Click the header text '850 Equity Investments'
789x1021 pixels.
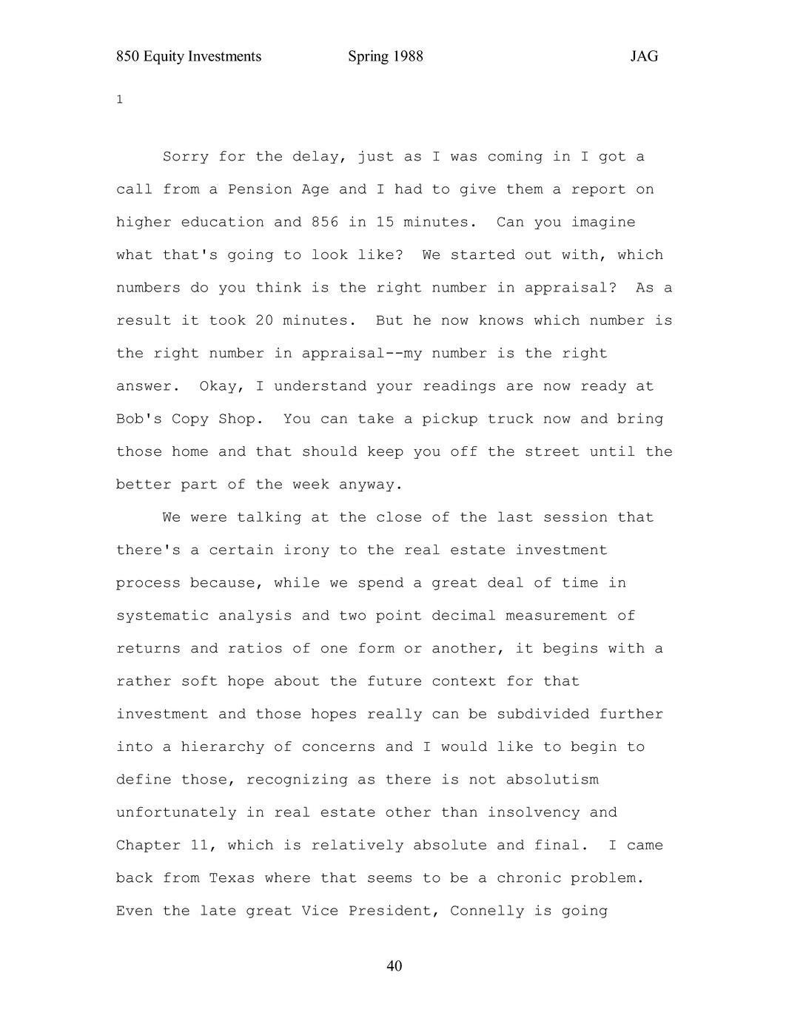pyautogui.click(x=189, y=57)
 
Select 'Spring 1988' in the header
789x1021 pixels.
pyautogui.click(x=385, y=57)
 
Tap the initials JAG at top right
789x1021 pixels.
pyautogui.click(x=644, y=57)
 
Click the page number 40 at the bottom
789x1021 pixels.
pyautogui.click(x=394, y=966)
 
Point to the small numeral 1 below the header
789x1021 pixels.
pyautogui.click(x=119, y=99)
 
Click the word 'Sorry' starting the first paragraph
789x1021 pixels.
pyautogui.click(x=186, y=157)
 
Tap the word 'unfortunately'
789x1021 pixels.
pyautogui.click(x=176, y=812)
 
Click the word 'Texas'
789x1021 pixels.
pyautogui.click(x=232, y=878)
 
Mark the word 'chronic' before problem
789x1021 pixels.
pyautogui.click(x=528, y=878)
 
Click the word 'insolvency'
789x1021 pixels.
pyautogui.click(x=533, y=812)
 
